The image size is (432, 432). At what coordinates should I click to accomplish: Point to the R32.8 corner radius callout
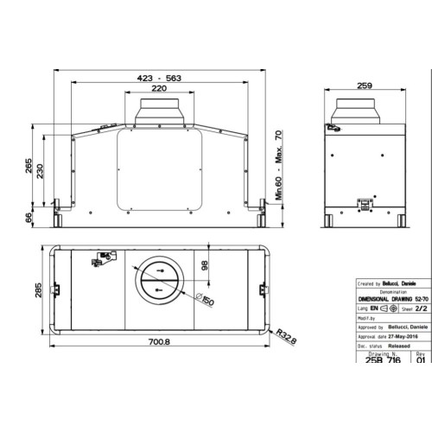pyautogui.click(x=288, y=333)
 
